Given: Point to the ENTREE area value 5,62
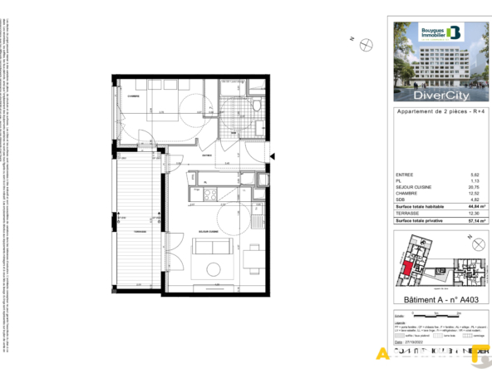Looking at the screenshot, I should click(x=475, y=175).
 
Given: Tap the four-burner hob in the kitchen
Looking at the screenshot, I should click(x=210, y=194).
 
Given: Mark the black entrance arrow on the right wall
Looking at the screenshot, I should click(x=272, y=155).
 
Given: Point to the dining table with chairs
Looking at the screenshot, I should click(x=253, y=260).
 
